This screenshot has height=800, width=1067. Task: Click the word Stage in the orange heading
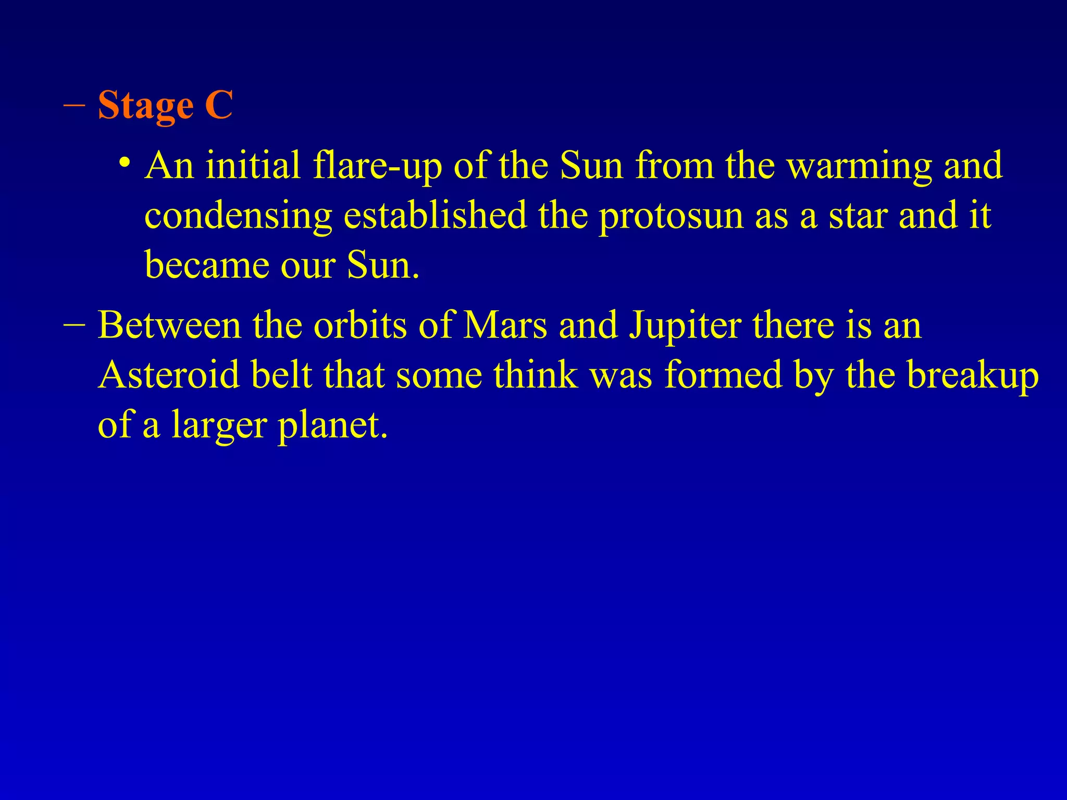point(145,106)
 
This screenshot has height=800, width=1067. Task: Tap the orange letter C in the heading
point(218,106)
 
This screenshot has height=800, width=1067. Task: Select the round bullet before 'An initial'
point(124,162)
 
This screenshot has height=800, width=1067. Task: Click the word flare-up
point(377,166)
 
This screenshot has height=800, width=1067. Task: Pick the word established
point(435,215)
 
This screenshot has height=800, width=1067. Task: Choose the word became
point(207,266)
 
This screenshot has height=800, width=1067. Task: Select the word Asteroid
point(169,375)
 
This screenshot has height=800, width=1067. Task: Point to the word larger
point(219,426)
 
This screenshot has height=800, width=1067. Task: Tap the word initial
point(253,166)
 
